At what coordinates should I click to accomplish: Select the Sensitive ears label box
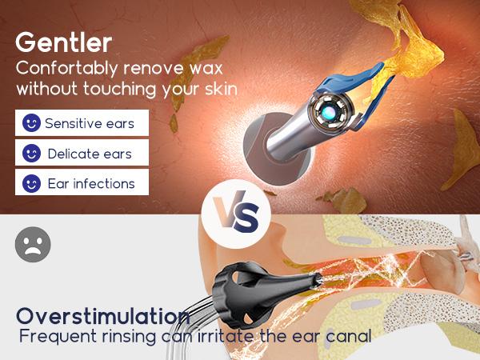(x=82, y=123)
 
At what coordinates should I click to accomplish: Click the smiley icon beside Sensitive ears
(x=31, y=123)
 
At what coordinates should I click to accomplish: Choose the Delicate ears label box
(x=82, y=153)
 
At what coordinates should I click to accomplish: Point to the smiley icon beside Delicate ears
(x=31, y=153)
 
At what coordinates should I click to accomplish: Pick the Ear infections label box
(x=82, y=182)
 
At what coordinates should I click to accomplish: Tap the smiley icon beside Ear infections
(x=31, y=182)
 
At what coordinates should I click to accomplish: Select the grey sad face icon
(x=33, y=243)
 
